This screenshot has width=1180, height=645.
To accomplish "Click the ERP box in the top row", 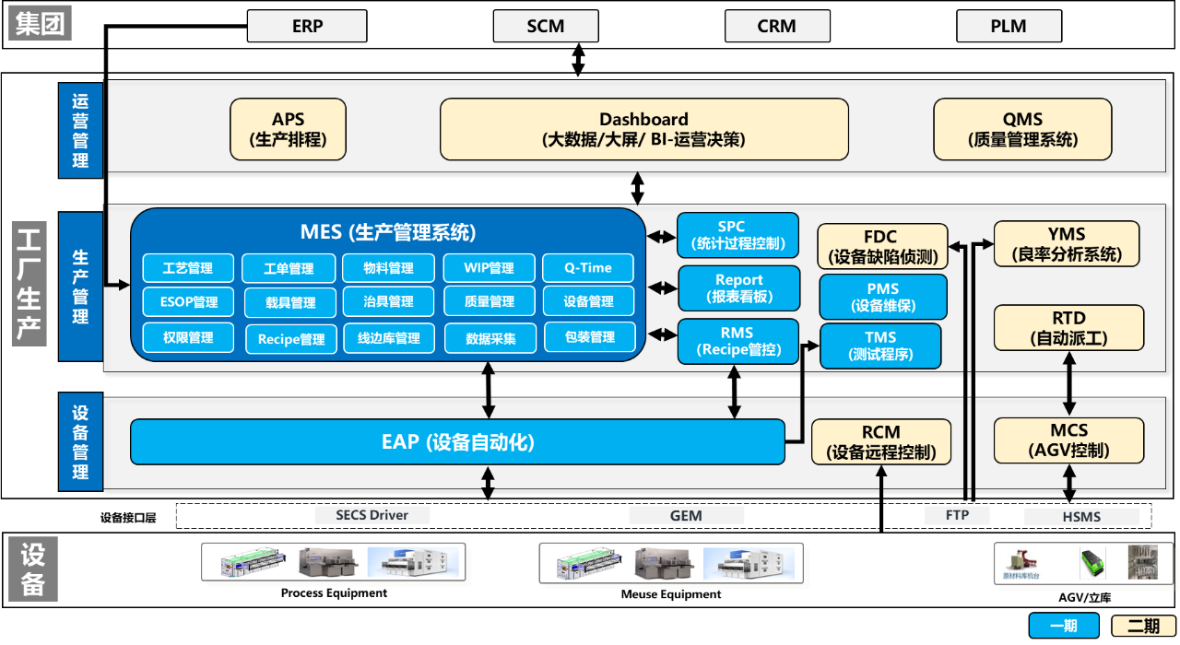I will point(307,26).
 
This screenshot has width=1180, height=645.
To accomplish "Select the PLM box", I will point(1009,26).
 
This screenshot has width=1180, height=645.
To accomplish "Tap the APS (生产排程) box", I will point(288,129).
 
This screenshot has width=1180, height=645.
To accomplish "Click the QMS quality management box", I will point(1022,129).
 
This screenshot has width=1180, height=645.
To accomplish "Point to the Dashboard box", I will point(643,129).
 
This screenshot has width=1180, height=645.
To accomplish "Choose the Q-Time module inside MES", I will point(589,268).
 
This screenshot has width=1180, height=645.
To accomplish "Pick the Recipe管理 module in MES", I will point(291,338).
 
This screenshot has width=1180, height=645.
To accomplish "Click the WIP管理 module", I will point(490,268).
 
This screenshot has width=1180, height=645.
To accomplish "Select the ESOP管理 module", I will point(189,301).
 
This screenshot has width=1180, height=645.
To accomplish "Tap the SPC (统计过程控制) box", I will point(737,235).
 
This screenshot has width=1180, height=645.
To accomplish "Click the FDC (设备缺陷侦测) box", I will point(882,246).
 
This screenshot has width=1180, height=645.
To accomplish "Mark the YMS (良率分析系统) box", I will point(1067,244).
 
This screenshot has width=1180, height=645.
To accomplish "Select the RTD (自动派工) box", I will point(1068,328).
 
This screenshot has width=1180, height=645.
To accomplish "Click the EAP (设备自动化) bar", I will point(457,442).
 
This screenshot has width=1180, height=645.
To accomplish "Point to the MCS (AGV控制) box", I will point(1068,440).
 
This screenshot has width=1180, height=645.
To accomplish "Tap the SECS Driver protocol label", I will point(372,515).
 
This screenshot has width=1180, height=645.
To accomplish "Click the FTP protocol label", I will point(957,515).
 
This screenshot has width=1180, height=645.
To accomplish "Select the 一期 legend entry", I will point(1063,626).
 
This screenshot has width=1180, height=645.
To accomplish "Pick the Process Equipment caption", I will point(334,593).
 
